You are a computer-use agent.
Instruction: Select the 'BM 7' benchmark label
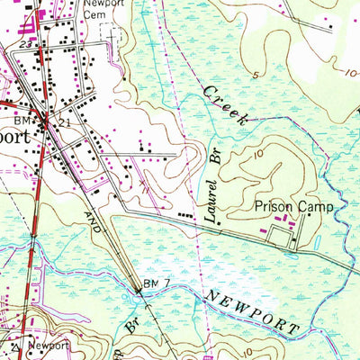coord(157,284)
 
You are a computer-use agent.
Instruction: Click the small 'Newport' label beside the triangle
coord(48,345)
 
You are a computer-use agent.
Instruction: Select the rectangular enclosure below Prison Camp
coord(278,236)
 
